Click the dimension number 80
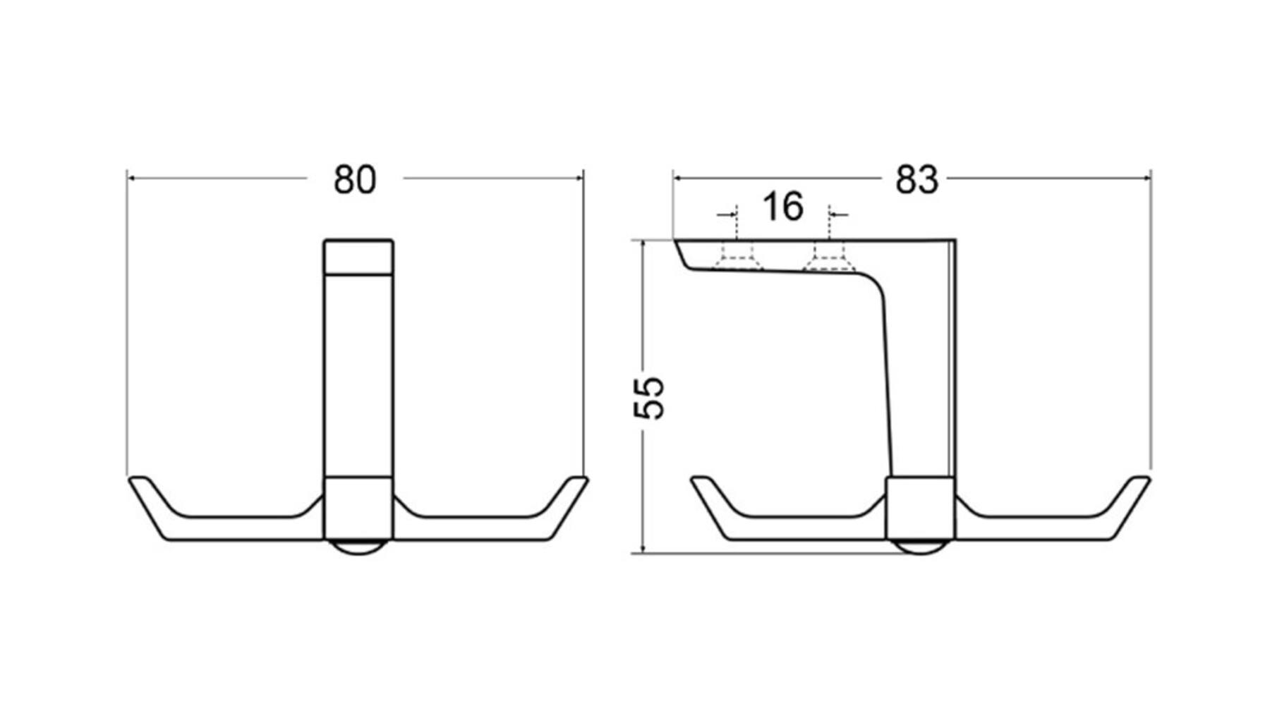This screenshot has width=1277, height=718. [x=355, y=180]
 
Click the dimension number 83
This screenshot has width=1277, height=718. [x=916, y=180]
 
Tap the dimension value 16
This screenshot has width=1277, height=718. [x=782, y=206]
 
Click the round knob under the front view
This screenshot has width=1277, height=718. [x=358, y=547]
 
